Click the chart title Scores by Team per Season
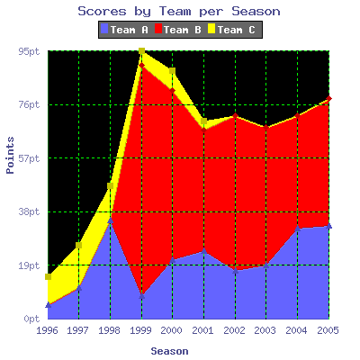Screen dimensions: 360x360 click(179, 12)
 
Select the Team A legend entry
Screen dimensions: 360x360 click(124, 30)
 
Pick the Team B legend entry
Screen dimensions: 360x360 click(178, 30)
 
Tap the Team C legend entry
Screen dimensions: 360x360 click(231, 30)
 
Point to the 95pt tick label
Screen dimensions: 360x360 click(29, 51)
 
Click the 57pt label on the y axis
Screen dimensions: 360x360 click(29, 158)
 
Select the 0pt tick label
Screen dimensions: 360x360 click(31, 319)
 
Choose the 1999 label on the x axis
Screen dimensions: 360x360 click(140, 330)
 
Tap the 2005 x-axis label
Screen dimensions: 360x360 click(328, 330)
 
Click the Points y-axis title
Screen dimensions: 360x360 click(10, 155)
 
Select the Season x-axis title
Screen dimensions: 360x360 click(169, 351)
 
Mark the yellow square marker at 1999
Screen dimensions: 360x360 click(142, 51)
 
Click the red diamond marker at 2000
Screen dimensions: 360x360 click(172, 90)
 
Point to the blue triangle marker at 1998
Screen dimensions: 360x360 click(111, 220)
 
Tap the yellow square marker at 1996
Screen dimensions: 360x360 click(48, 276)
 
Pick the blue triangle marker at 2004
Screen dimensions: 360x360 click(298, 229)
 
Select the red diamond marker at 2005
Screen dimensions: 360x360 click(329, 98)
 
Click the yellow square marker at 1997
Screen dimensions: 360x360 click(79, 246)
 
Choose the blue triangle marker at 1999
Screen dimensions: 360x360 click(142, 296)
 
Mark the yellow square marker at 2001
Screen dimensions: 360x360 click(204, 121)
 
